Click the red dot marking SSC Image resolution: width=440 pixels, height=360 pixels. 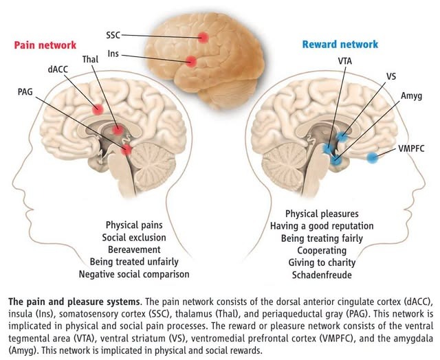[203, 37]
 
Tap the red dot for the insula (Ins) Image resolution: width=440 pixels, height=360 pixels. [191, 61]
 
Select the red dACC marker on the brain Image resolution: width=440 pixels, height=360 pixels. [98, 109]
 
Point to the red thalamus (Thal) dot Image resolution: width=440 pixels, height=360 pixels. [118, 130]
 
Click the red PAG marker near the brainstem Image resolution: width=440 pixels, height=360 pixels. [126, 150]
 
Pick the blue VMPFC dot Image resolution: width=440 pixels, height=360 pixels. [373, 157]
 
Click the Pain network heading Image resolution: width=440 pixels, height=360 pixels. [45, 45]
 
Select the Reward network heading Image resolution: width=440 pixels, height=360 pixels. [340, 44]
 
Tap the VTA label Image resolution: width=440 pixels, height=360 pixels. [345, 61]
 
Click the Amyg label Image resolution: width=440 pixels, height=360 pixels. [411, 96]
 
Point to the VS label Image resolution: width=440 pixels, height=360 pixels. [391, 76]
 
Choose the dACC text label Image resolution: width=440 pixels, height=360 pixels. [58, 69]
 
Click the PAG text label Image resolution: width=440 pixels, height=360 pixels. [25, 91]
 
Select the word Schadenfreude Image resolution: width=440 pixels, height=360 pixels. [322, 275]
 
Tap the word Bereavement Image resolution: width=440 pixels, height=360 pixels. [134, 249]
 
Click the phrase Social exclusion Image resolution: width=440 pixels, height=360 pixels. [134, 237]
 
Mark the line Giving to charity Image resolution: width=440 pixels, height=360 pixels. [322, 262]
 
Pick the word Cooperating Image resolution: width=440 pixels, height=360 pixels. [322, 250]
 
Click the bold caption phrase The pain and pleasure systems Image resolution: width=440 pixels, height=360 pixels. [74, 302]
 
